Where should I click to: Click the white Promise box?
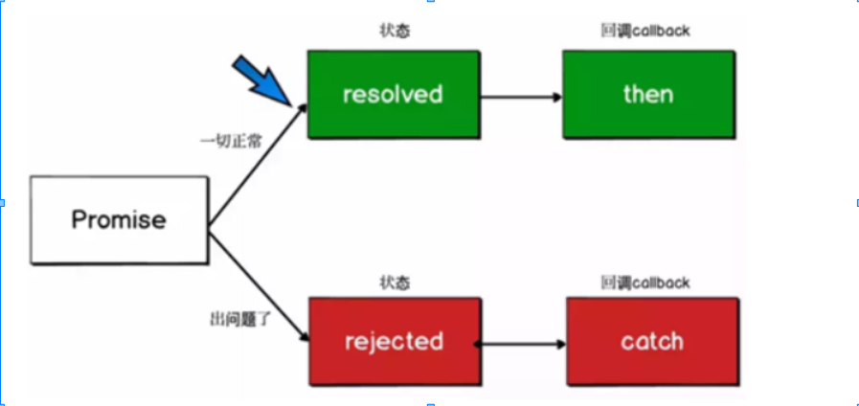tap(119, 219)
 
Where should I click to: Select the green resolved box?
tap(393, 94)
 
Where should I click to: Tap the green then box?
tap(648, 94)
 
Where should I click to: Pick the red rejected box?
tap(393, 342)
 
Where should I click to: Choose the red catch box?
tap(652, 342)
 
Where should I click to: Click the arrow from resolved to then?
tap(520, 96)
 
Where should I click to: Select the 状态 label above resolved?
tap(392, 31)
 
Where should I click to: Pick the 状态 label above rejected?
tap(393, 282)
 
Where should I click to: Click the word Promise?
tap(119, 219)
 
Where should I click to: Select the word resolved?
tap(393, 94)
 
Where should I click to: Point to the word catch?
tap(652, 342)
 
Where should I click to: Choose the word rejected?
tap(393, 342)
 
